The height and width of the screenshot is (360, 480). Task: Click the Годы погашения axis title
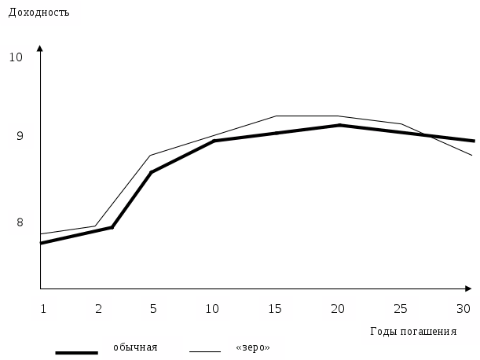(x=412, y=331)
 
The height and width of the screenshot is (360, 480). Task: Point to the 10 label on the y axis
(x=16, y=57)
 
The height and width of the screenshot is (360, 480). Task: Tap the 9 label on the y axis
(x=20, y=137)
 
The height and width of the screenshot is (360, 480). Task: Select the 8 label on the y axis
(x=20, y=222)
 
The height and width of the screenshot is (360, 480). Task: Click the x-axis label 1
(x=44, y=309)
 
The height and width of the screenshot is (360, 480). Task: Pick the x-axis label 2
(x=99, y=309)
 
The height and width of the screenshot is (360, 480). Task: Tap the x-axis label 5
(x=153, y=309)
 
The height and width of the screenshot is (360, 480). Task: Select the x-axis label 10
(x=212, y=309)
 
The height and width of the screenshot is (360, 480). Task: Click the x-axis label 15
(x=275, y=309)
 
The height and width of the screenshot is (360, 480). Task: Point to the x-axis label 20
(x=338, y=309)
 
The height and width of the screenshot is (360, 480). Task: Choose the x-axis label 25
(x=400, y=309)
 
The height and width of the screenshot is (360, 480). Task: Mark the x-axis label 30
(x=463, y=309)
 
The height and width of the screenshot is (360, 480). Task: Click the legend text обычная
(x=135, y=347)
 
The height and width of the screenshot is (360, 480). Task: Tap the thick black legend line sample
(x=76, y=353)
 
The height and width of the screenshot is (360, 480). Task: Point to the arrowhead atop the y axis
(x=40, y=49)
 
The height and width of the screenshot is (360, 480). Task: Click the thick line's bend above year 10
(x=214, y=141)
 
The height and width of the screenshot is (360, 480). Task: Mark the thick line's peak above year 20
(x=339, y=125)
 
